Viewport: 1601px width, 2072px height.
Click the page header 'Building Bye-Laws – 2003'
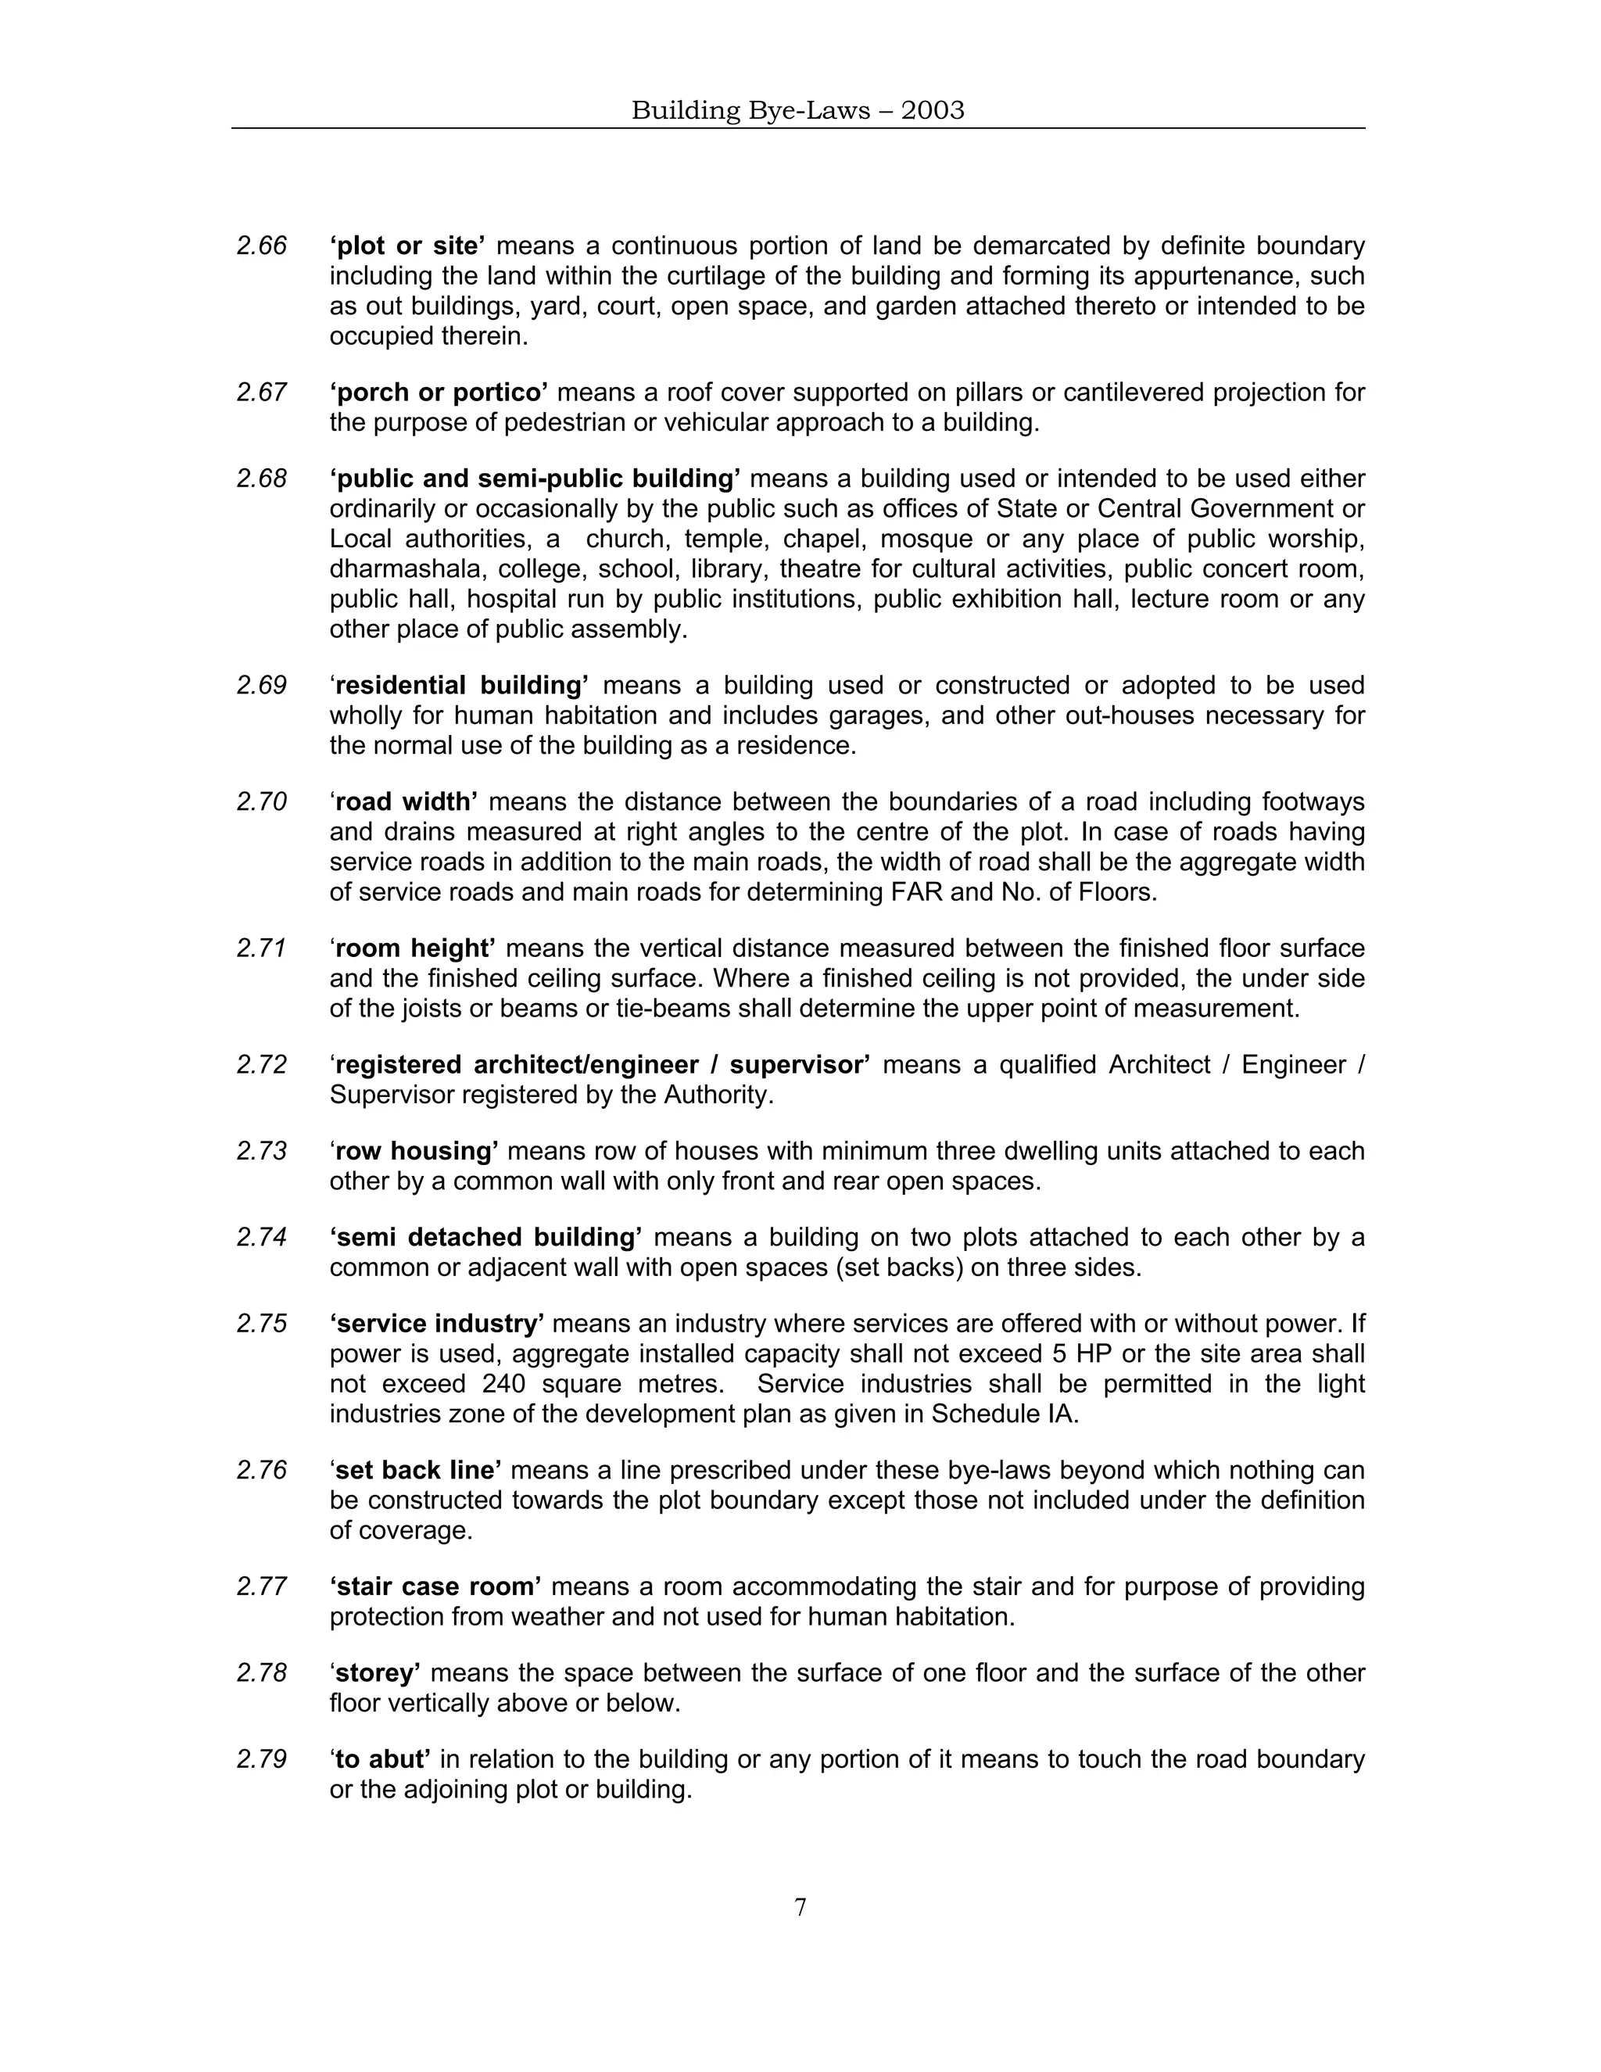[797, 111]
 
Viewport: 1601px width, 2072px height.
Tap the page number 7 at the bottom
[800, 1907]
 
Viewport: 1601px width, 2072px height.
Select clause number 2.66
[262, 246]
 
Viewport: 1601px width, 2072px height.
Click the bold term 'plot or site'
[408, 246]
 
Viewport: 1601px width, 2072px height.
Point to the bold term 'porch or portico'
[439, 393]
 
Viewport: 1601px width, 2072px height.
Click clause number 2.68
[262, 479]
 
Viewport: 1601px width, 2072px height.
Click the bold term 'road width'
[405, 803]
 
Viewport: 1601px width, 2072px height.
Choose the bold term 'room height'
[414, 948]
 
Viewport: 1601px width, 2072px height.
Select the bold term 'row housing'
[415, 1152]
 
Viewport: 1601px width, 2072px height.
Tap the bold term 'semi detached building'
[486, 1238]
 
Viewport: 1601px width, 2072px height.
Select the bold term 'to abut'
[381, 1760]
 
